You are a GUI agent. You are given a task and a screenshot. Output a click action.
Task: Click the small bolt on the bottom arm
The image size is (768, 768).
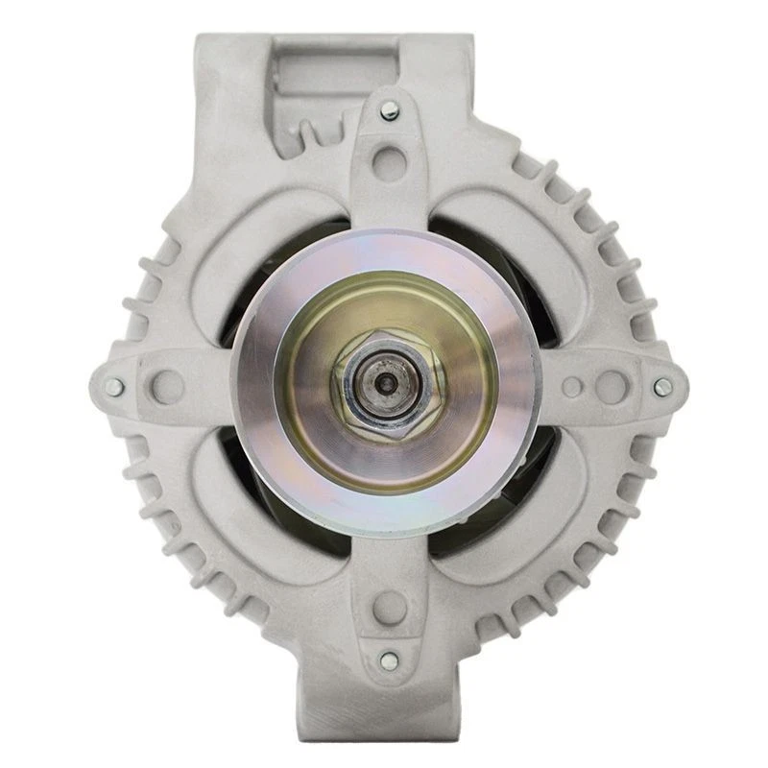pos(388,660)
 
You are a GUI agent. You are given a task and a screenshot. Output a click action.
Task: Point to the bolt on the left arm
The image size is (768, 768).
pos(114,387)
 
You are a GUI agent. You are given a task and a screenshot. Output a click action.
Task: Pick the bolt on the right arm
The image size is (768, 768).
pos(661,387)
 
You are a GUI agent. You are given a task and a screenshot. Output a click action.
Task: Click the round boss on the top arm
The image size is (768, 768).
pos(388,156)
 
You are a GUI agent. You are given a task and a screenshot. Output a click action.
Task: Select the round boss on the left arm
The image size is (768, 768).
pos(168,385)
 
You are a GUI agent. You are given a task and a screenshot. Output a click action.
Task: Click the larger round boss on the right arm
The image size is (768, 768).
pos(612,386)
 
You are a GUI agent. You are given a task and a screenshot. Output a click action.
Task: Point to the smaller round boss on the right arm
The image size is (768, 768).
pos(572,387)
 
